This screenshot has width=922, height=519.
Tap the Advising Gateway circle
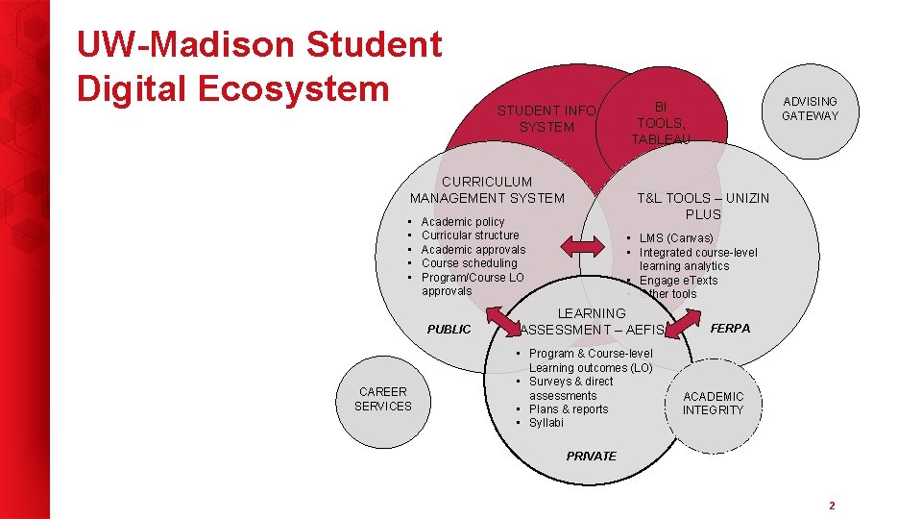(x=810, y=109)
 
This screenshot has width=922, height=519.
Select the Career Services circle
(x=382, y=399)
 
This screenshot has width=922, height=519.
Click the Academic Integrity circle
(x=713, y=404)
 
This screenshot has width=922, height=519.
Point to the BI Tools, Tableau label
(x=660, y=123)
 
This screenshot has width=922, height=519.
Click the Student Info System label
(x=546, y=119)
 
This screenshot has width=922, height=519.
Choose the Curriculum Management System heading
(x=487, y=189)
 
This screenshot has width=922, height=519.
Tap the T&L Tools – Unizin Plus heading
(x=703, y=206)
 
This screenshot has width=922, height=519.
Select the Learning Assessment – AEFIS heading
(x=591, y=321)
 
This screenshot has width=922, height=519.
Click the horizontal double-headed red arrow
(x=582, y=248)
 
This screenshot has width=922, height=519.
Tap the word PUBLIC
(x=449, y=330)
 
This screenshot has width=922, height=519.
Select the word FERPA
(x=730, y=329)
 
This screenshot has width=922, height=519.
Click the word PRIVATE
(x=591, y=456)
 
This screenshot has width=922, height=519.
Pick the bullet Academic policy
(x=462, y=222)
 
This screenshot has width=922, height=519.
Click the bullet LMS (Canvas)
(x=676, y=238)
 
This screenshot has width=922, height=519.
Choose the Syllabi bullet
(x=546, y=423)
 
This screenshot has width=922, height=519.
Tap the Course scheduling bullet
(x=469, y=263)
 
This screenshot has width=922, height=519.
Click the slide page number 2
(x=832, y=506)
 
